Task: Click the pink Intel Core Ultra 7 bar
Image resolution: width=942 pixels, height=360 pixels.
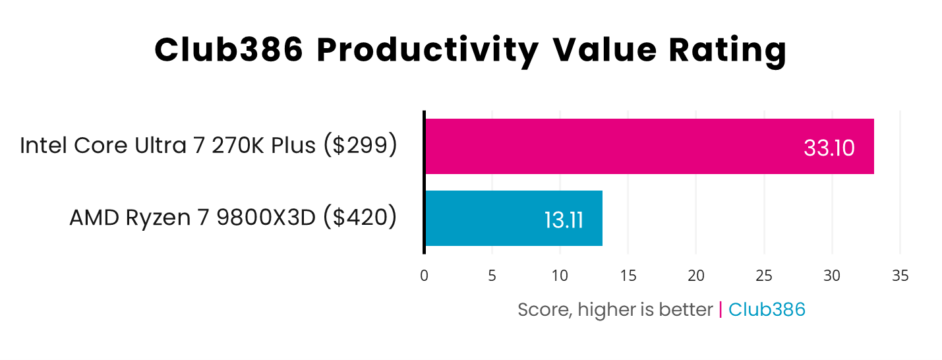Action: (x=649, y=146)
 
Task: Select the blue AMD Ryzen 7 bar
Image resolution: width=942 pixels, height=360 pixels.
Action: (x=514, y=218)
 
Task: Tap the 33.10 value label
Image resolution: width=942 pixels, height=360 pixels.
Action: (x=829, y=148)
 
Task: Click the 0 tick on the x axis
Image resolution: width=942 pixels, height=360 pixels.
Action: (x=424, y=276)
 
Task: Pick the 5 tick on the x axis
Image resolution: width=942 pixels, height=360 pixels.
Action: (x=492, y=276)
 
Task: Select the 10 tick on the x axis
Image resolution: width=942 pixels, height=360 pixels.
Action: (x=560, y=276)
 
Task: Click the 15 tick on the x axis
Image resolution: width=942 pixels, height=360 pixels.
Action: (x=628, y=276)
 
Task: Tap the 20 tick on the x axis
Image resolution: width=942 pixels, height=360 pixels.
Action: (x=696, y=276)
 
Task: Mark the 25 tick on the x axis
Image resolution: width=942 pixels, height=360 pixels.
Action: (x=764, y=276)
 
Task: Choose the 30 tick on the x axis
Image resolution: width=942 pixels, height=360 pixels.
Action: (x=832, y=276)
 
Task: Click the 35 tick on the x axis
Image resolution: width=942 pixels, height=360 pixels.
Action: (x=900, y=276)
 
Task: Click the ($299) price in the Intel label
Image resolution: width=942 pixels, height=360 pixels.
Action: (x=360, y=146)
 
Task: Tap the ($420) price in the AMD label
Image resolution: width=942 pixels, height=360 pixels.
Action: (x=359, y=218)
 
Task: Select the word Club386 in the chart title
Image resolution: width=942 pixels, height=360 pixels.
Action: (x=229, y=51)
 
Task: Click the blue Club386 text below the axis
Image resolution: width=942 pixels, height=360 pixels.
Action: (x=767, y=309)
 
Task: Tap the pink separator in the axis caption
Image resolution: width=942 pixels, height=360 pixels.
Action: (x=721, y=309)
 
